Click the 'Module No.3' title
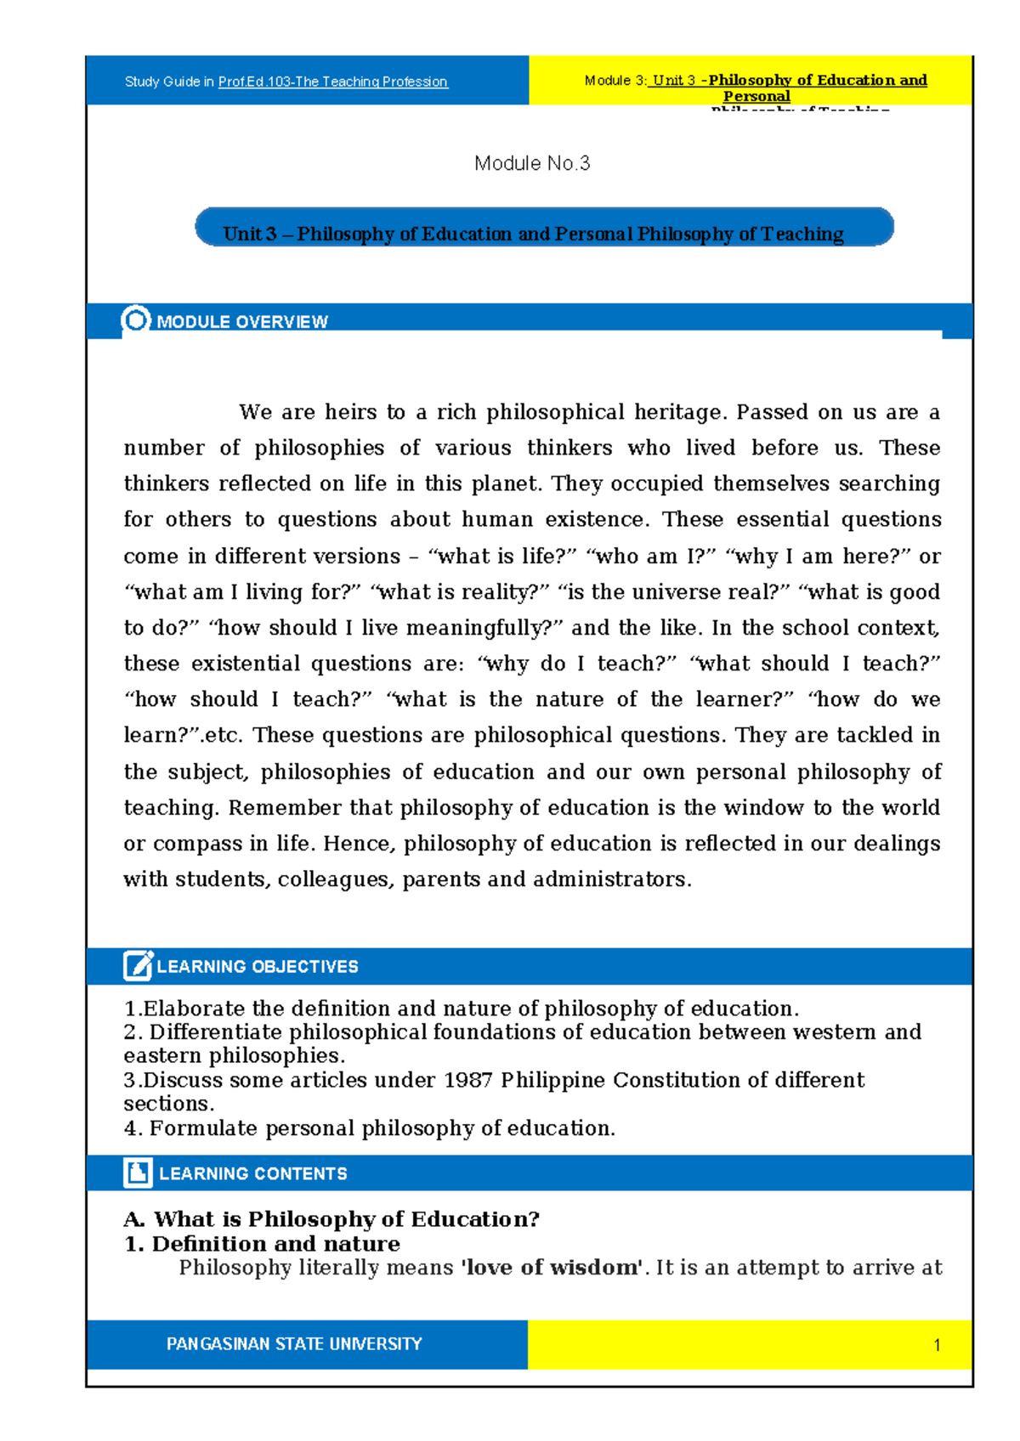[532, 163]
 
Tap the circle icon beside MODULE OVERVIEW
[136, 319]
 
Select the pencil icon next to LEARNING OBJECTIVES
[138, 966]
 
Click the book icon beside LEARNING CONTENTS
[138, 1173]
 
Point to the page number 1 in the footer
[937, 1345]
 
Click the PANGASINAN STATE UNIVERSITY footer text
[294, 1344]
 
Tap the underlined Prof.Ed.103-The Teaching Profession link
[332, 82]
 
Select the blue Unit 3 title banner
[544, 228]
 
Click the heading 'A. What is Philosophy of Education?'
[331, 1219]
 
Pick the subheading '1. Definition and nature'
[262, 1244]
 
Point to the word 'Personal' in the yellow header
[756, 96]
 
